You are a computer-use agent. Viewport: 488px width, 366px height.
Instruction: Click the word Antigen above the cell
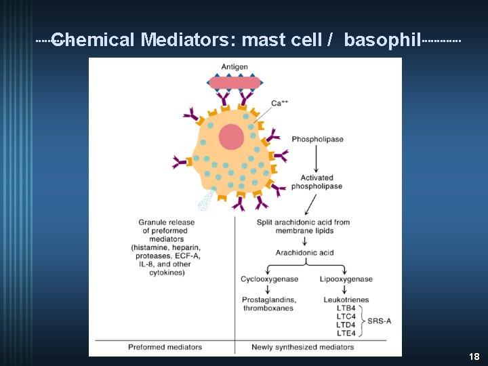(x=235, y=66)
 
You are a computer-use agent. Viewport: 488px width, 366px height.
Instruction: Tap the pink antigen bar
(x=235, y=83)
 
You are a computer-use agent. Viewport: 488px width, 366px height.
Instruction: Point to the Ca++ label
(x=280, y=103)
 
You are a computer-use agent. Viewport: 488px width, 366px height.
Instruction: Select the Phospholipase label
(x=317, y=140)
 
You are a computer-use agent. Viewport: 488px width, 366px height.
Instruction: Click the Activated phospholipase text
(x=317, y=182)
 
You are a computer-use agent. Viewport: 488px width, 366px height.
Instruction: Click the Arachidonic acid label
(x=304, y=253)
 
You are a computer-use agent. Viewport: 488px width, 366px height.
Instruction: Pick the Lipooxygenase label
(x=346, y=279)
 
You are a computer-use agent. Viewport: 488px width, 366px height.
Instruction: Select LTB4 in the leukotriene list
(x=346, y=308)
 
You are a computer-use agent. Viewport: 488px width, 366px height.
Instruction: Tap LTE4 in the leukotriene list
(x=346, y=332)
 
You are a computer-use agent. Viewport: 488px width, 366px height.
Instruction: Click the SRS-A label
(x=380, y=321)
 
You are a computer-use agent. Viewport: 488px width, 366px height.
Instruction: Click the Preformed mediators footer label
(x=165, y=347)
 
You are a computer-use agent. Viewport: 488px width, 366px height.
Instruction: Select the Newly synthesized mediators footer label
(x=302, y=347)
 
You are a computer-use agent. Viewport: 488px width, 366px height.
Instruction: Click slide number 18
(x=474, y=357)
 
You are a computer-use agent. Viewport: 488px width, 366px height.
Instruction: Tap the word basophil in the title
(x=382, y=40)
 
